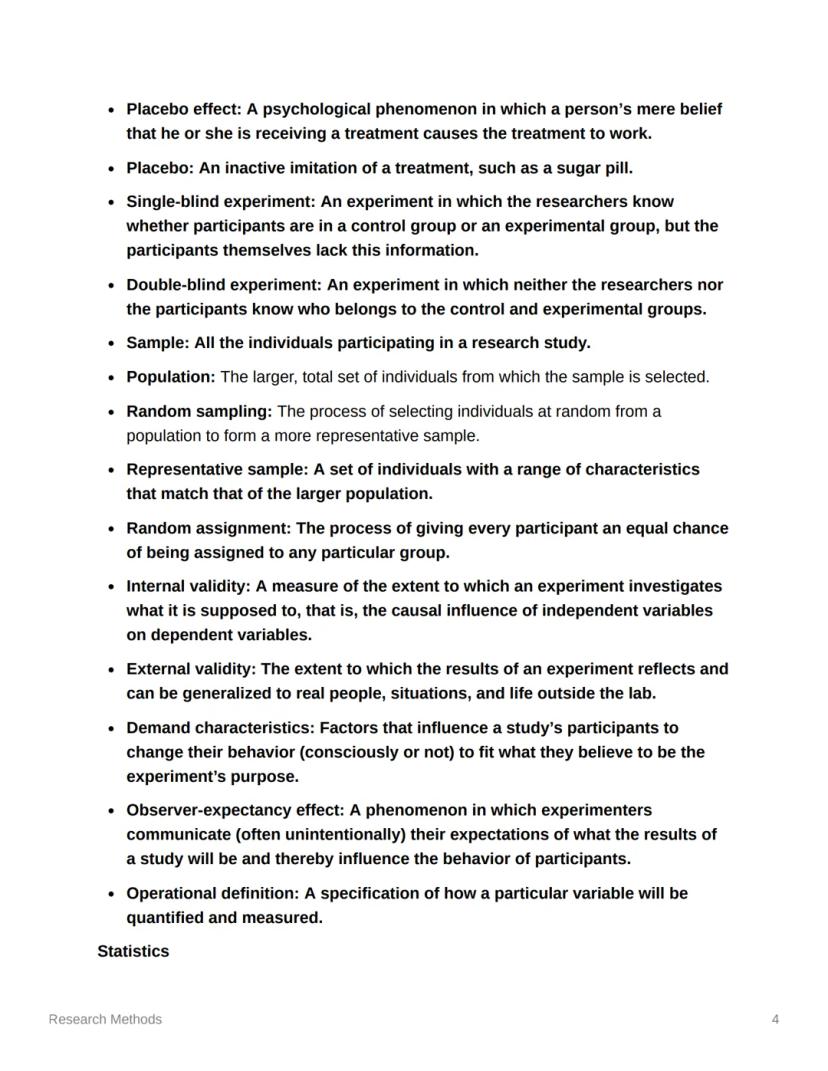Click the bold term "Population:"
171,377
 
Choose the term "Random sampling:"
199,411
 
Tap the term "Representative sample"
216,470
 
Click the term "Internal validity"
185,586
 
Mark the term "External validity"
189,669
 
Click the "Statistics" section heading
133,951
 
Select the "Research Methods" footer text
105,1019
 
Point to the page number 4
775,1019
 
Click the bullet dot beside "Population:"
109,377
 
